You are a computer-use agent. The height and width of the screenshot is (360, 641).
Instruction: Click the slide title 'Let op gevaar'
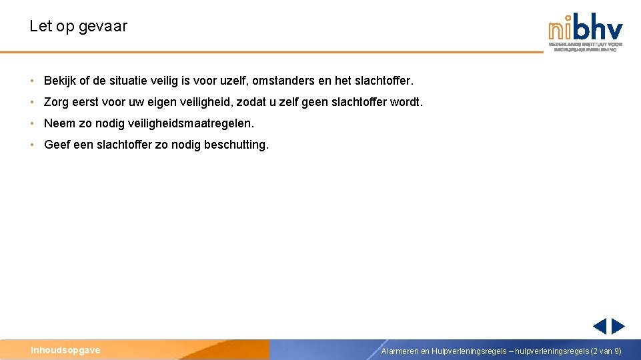pyautogui.click(x=78, y=27)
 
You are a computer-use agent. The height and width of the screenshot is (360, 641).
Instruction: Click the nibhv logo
pyautogui.click(x=586, y=31)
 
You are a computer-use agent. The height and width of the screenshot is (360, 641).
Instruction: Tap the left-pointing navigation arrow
pyautogui.click(x=600, y=326)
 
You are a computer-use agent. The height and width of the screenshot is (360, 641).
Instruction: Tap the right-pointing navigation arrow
pyautogui.click(x=618, y=326)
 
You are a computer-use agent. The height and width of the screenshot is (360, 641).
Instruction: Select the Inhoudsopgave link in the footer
pyautogui.click(x=65, y=350)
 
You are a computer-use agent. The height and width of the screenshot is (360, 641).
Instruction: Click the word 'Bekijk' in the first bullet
pyautogui.click(x=60, y=81)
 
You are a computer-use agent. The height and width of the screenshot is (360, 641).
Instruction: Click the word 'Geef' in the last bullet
pyautogui.click(x=57, y=145)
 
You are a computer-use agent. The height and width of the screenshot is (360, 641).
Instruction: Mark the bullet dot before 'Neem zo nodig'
pyautogui.click(x=32, y=124)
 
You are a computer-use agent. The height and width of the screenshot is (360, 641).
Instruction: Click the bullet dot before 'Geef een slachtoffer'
pyautogui.click(x=32, y=145)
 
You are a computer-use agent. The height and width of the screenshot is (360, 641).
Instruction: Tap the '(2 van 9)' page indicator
pyautogui.click(x=606, y=351)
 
